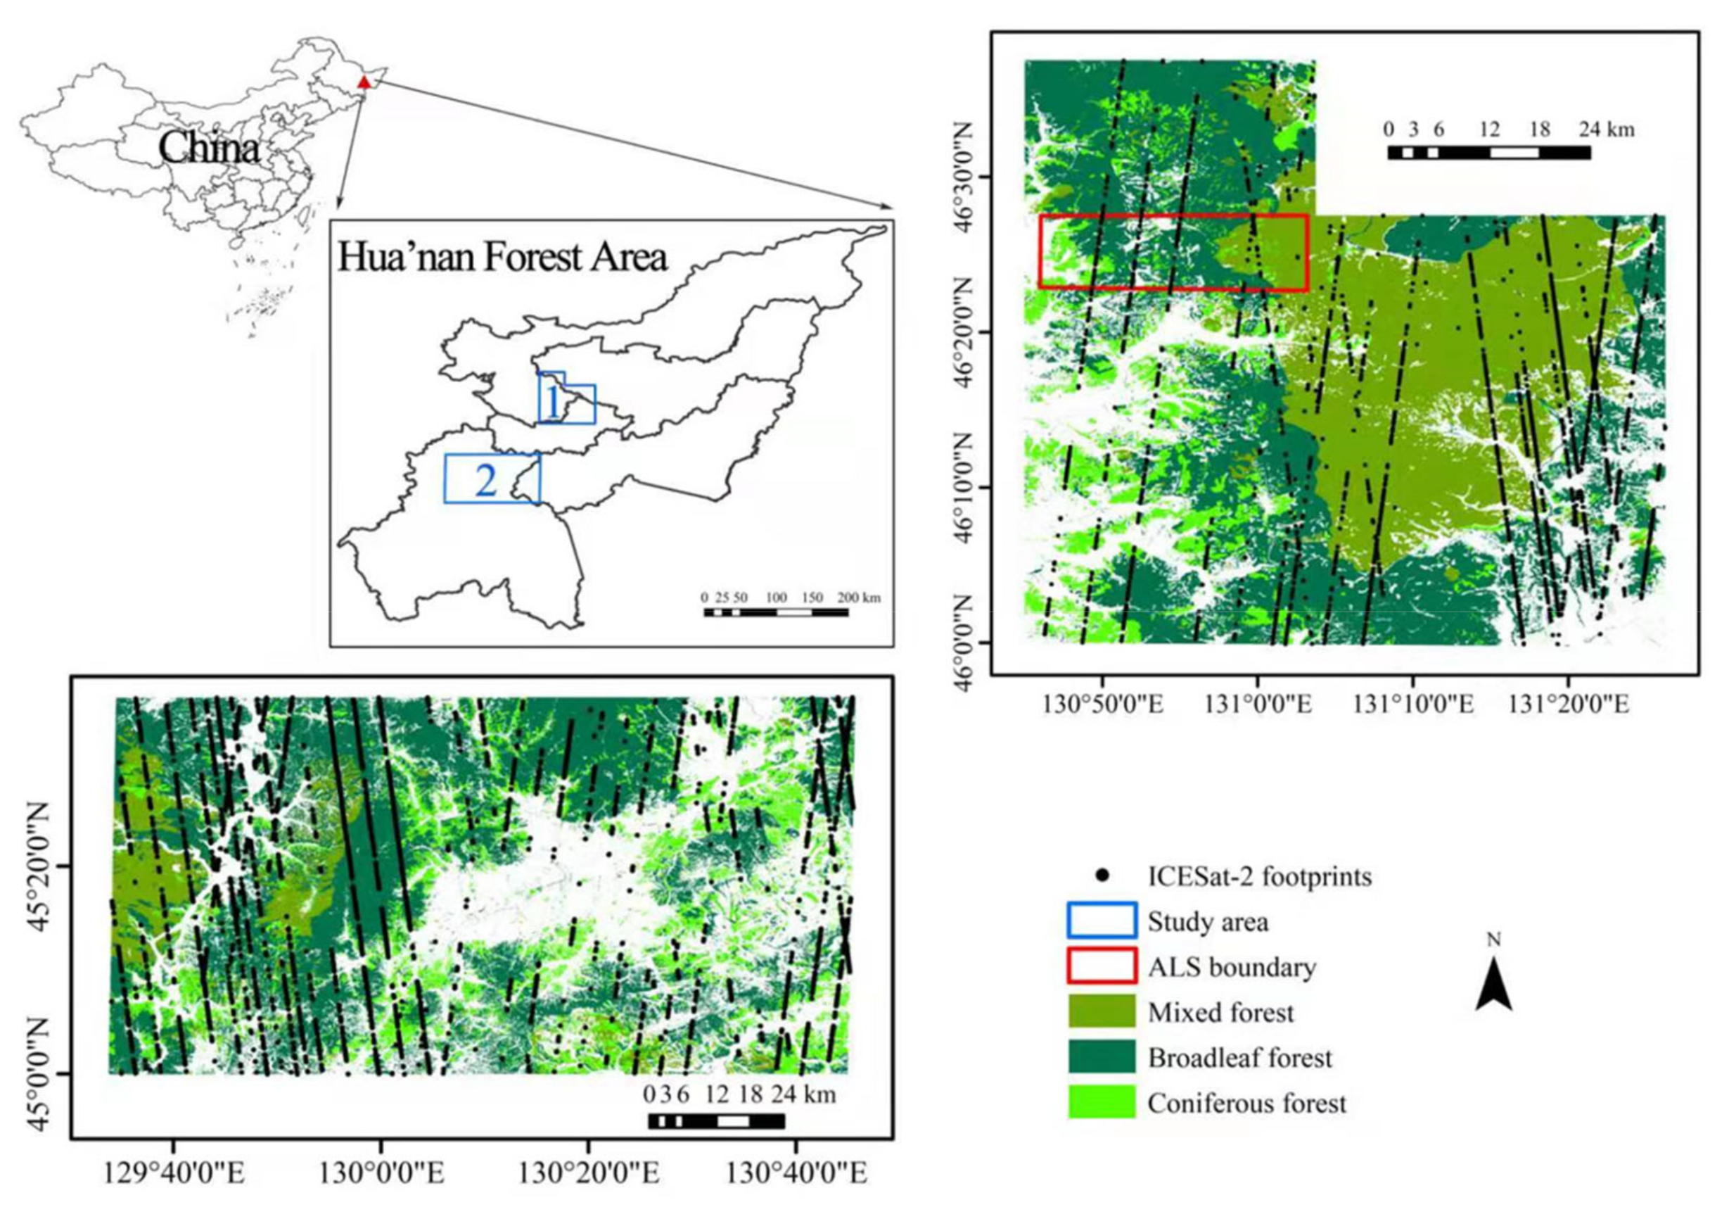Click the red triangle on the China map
364,82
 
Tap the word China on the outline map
209,148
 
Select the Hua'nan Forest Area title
502,257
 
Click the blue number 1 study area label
553,403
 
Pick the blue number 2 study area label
486,480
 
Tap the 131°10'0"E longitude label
1413,705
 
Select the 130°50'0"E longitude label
1103,705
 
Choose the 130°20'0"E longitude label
588,1174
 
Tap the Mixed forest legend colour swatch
1102,1012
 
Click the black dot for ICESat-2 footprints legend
1103,876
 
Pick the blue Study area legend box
1102,921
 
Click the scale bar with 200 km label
776,612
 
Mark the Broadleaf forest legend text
1239,1058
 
